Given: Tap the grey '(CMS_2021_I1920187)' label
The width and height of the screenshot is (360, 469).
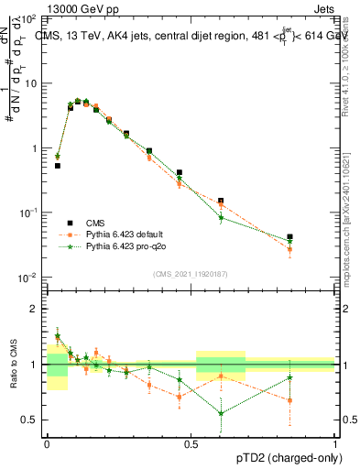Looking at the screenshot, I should [191, 273].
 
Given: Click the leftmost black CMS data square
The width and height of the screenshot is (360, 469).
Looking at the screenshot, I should [57, 166].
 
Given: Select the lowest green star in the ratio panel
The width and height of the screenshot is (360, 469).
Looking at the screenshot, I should [221, 413].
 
